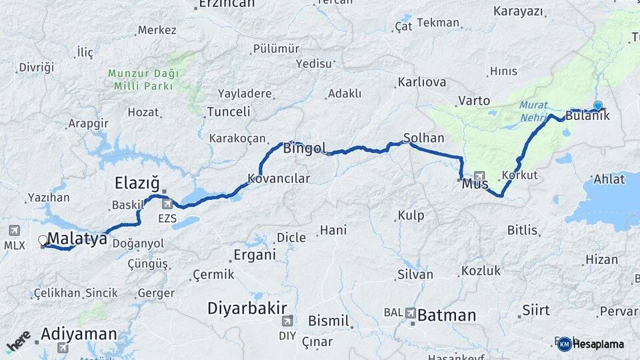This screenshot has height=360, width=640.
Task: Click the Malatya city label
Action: point(77,239)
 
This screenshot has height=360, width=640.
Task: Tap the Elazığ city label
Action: point(137,183)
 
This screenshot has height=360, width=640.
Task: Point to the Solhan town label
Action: point(423,139)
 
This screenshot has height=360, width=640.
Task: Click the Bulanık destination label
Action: point(587,116)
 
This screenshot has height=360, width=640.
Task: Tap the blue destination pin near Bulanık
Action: point(598,106)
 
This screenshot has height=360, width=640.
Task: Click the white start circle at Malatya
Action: point(43,240)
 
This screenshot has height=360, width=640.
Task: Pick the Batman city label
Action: point(446,314)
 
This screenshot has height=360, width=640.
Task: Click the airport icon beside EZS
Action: point(167,203)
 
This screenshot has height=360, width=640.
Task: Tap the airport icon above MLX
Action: point(14,231)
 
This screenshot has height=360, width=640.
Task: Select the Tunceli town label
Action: point(229,112)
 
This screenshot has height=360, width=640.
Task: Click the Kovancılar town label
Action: point(279,179)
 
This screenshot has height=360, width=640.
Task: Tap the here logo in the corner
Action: point(18,341)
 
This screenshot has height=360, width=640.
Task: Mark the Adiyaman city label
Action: point(79,334)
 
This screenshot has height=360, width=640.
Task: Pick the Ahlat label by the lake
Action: point(609,179)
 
